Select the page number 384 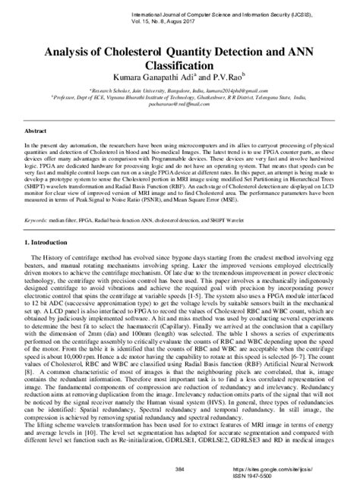point(180,469)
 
